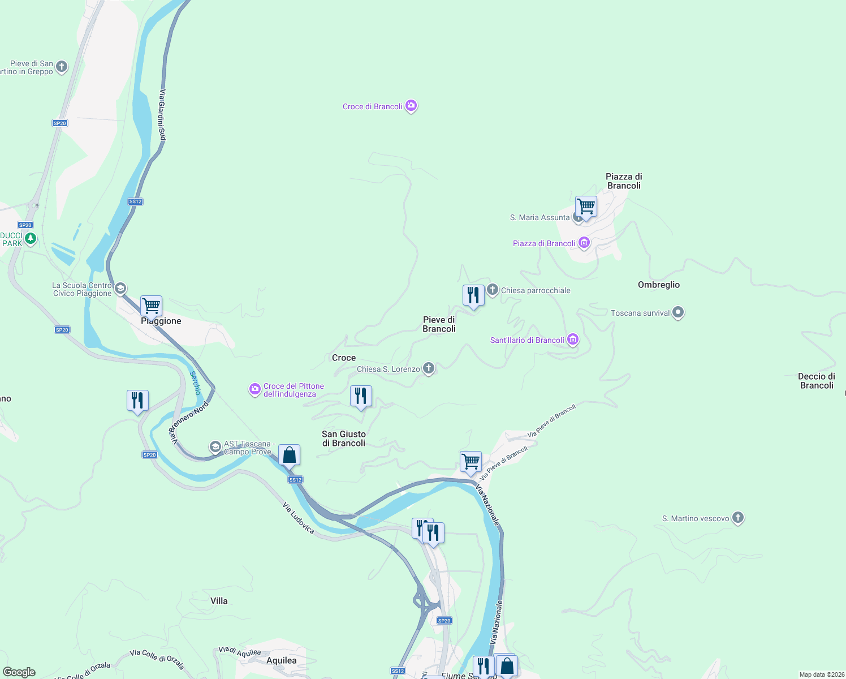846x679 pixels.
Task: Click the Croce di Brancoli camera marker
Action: (411, 106)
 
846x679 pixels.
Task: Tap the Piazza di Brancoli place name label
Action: (624, 181)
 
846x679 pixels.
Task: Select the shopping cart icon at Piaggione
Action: (151, 306)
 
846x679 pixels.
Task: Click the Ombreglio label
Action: (659, 285)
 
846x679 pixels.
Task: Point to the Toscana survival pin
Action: (678, 312)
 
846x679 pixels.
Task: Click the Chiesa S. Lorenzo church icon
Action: (429, 369)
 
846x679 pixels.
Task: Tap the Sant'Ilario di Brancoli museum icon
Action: (573, 339)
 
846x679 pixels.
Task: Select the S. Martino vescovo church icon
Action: (737, 518)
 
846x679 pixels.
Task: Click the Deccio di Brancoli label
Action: (816, 381)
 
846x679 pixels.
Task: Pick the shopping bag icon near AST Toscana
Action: (289, 455)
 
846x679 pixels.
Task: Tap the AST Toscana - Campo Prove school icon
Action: (215, 447)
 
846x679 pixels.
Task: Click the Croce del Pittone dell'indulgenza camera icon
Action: (254, 389)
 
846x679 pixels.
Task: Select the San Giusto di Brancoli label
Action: (344, 439)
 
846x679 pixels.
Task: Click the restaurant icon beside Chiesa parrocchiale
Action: (473, 295)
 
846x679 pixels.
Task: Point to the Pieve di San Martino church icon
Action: (62, 67)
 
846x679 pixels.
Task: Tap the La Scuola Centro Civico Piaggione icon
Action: (120, 289)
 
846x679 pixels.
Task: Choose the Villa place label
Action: (219, 601)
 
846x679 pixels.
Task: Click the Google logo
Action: (19, 672)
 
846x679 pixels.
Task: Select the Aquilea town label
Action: (281, 660)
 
